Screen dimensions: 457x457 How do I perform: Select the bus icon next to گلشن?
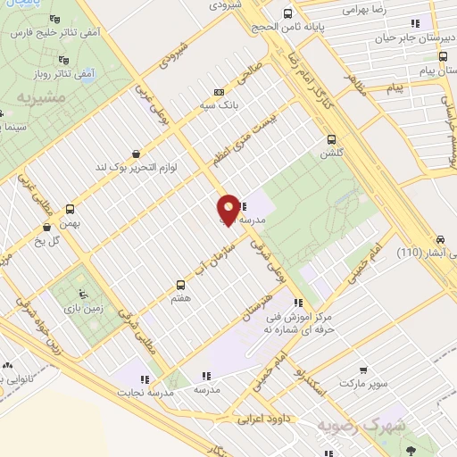coord(331,139)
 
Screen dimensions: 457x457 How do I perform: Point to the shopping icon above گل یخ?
coord(47,203)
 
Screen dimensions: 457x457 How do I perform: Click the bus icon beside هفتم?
coord(177,287)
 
